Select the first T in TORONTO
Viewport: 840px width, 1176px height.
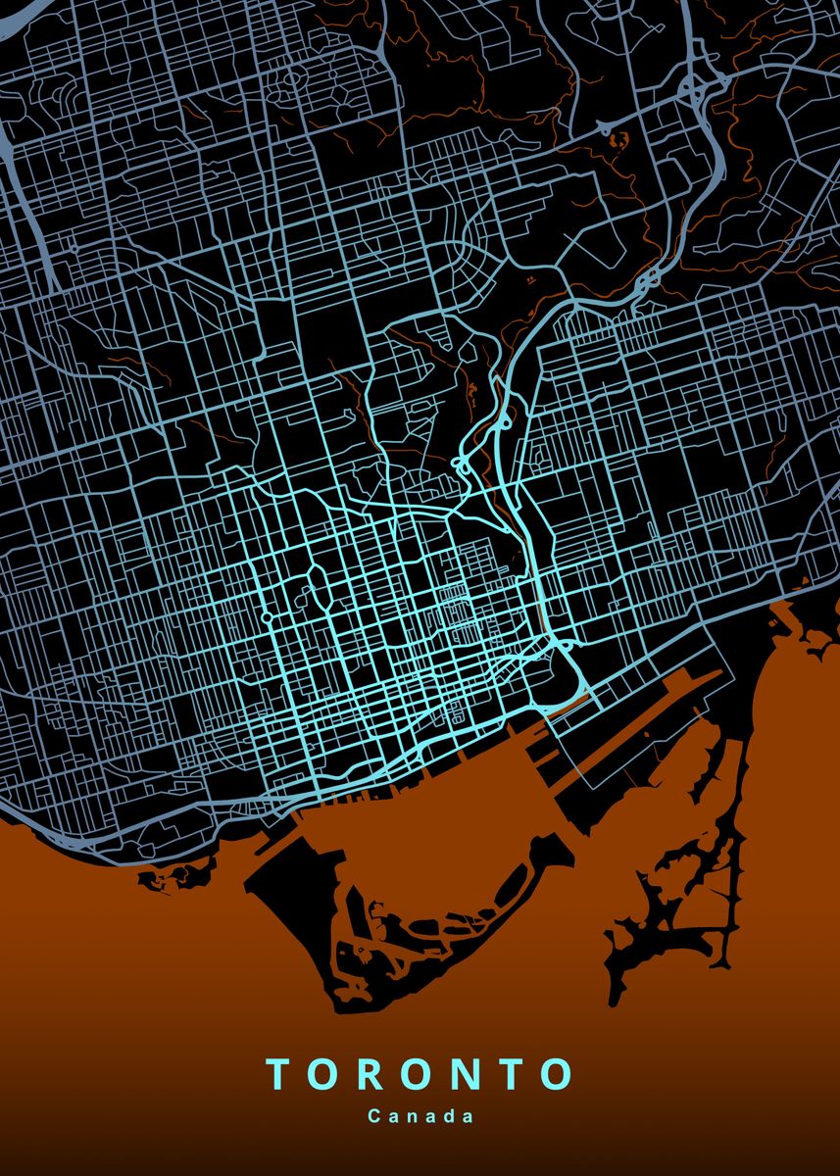(x=278, y=1074)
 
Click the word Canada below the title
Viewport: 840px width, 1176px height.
(x=420, y=1116)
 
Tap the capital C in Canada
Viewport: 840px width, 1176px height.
(x=374, y=1116)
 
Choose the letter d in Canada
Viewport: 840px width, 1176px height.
(x=452, y=1116)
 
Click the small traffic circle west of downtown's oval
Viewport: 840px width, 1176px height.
(x=267, y=618)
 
